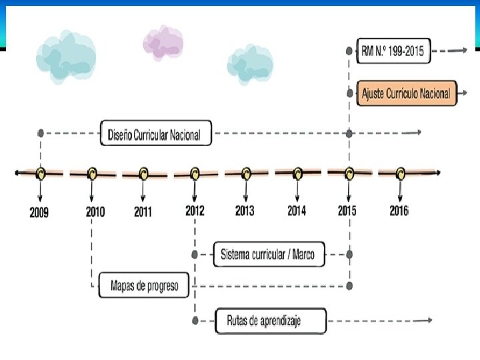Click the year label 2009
pos(39,213)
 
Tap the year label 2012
pos(195,211)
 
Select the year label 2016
pos(399,211)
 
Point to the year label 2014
pos(297,211)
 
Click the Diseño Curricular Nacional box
pos(155,133)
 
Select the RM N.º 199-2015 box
pos(394,51)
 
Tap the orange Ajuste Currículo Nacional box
pos(405,93)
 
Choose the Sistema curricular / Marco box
pos(269,254)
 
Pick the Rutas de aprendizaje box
pos(271,321)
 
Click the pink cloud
pos(163,42)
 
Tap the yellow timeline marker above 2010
pos(92,173)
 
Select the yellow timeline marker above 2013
pos(245,173)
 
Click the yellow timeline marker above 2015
pos(349,173)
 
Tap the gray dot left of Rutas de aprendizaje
pos(195,321)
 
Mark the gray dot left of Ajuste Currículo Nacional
pos(349,93)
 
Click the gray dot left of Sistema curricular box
pos(195,254)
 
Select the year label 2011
pos(143,212)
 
